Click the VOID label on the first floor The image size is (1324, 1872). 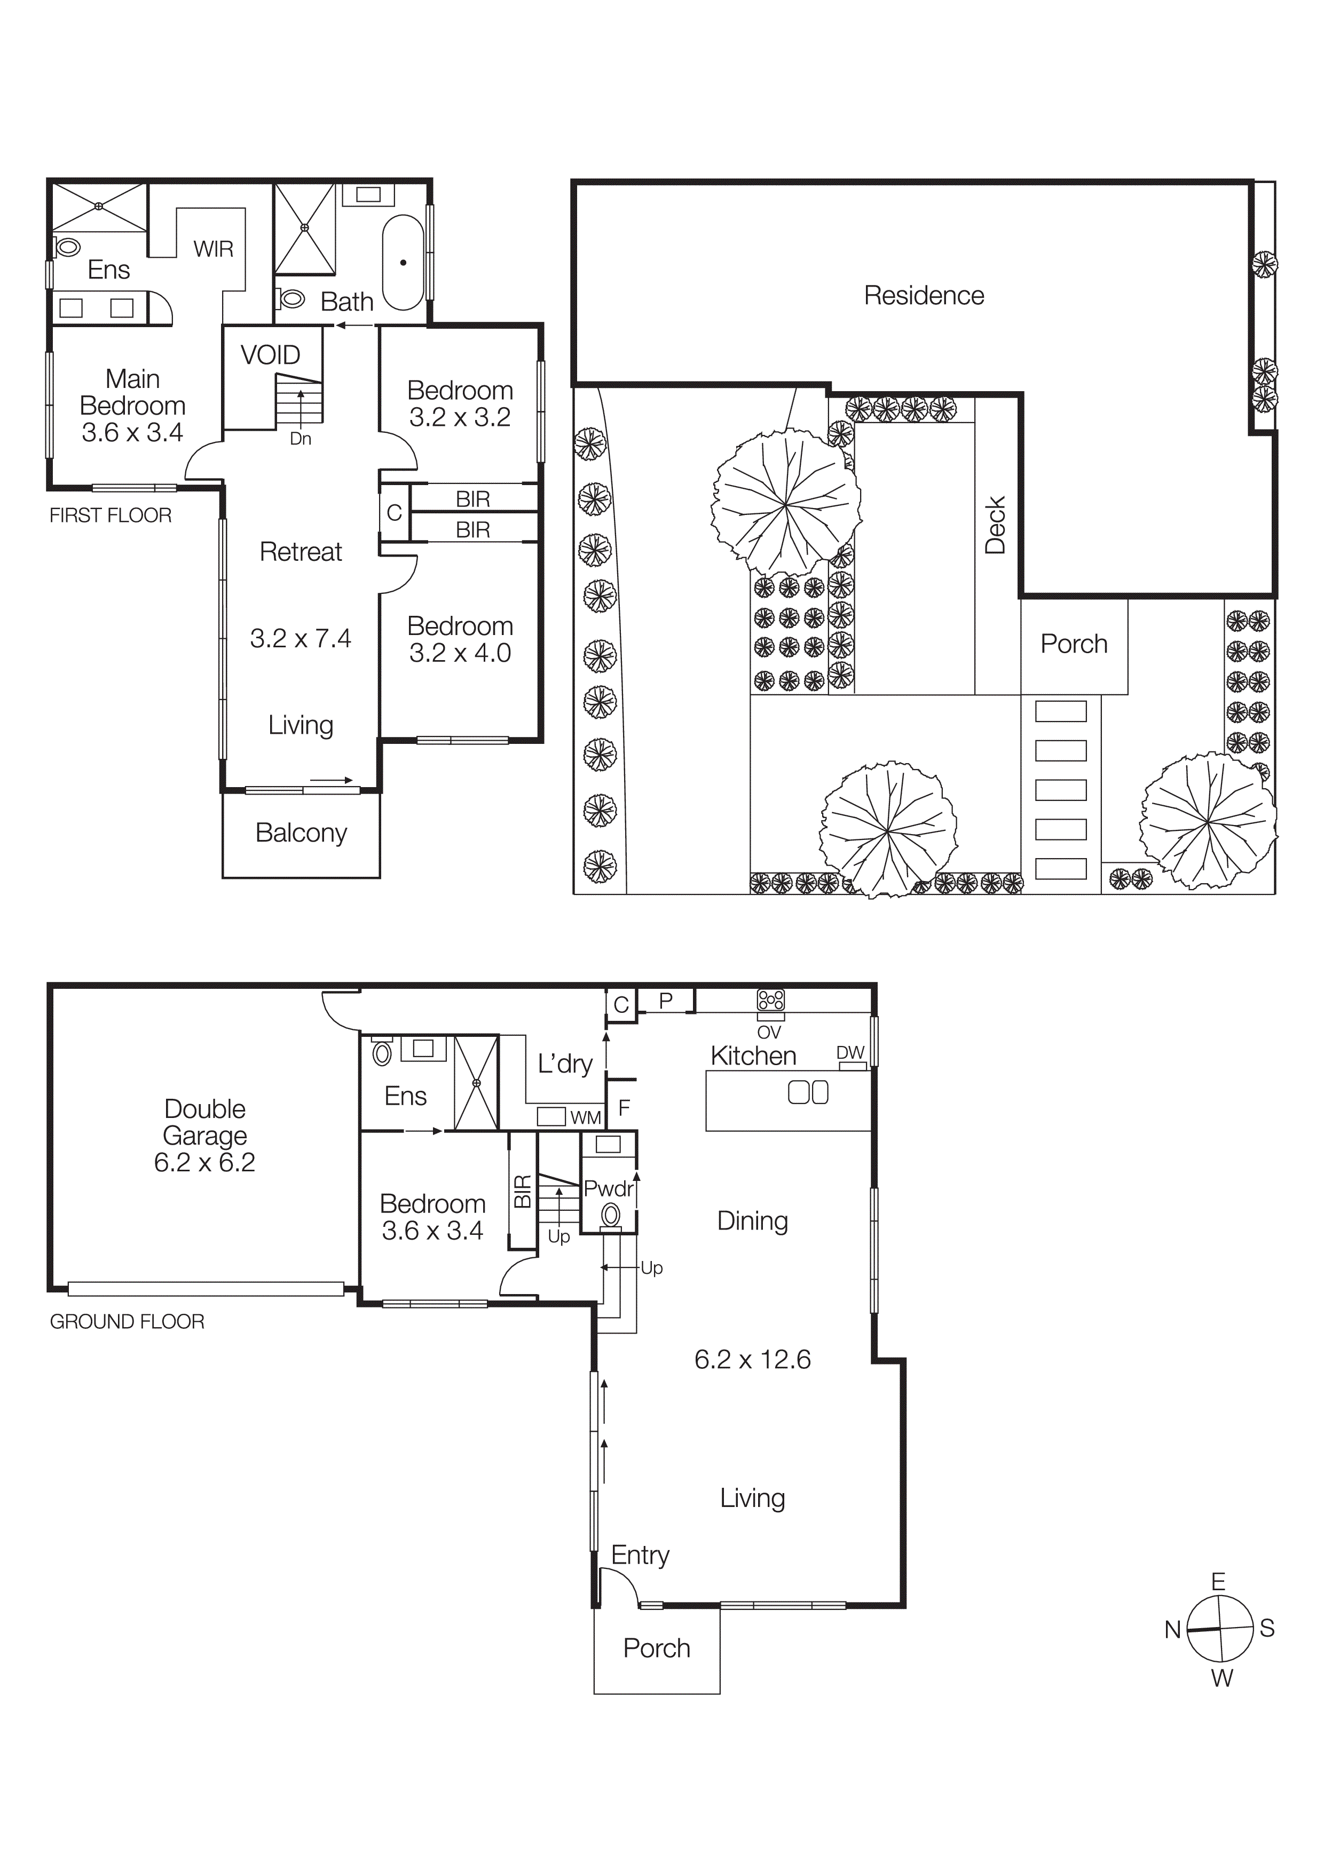[x=270, y=355]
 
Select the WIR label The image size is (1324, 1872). [x=214, y=249]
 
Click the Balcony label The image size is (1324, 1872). [x=301, y=832]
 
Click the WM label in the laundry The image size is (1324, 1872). [x=585, y=1118]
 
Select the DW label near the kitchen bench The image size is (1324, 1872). [x=850, y=1052]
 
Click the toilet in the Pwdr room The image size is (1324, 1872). [x=610, y=1216]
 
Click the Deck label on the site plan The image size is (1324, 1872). [x=995, y=526]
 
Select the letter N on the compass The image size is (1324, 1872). [x=1172, y=1630]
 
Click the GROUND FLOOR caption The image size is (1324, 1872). [x=127, y=1322]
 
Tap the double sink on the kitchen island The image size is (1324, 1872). [x=808, y=1092]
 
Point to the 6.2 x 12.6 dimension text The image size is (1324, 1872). [x=752, y=1359]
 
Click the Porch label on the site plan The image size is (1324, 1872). [x=1074, y=644]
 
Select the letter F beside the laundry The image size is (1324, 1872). [x=624, y=1107]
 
